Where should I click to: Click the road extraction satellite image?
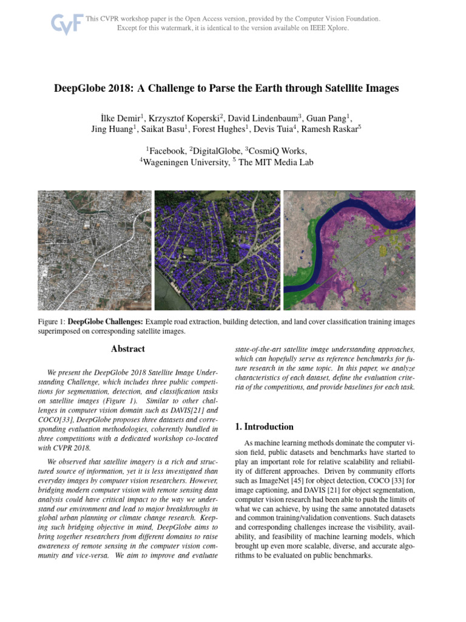95,250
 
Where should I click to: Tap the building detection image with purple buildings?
218,250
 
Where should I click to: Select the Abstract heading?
128,349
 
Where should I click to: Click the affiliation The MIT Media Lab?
276,162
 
